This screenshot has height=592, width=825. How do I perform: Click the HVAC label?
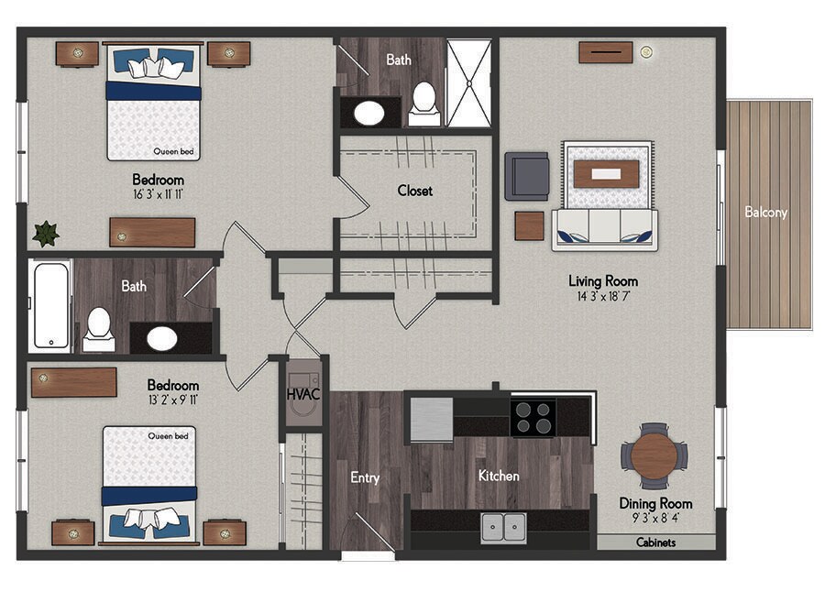(303, 394)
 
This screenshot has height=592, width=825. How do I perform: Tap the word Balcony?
(765, 212)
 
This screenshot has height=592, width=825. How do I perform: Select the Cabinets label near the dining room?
(655, 542)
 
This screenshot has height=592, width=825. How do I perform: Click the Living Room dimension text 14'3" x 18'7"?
(603, 296)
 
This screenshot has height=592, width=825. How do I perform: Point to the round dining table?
(654, 455)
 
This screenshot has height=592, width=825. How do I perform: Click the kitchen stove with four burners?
(533, 418)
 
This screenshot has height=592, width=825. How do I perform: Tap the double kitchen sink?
(503, 527)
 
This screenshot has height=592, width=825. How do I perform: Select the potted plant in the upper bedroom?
(46, 234)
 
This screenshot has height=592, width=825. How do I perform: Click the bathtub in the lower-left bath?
(50, 306)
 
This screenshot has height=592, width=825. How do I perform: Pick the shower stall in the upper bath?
(468, 82)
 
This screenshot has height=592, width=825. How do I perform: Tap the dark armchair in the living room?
(527, 176)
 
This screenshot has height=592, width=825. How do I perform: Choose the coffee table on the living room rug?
(606, 174)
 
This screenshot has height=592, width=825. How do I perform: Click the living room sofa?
(605, 229)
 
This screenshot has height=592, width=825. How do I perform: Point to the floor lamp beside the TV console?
(646, 51)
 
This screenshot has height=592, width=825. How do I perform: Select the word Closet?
(415, 191)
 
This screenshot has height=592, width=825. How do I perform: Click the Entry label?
(365, 477)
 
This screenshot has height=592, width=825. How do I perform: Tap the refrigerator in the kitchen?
(432, 419)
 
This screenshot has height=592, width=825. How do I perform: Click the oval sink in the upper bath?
(368, 113)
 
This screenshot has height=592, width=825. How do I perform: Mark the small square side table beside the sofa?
(529, 225)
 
